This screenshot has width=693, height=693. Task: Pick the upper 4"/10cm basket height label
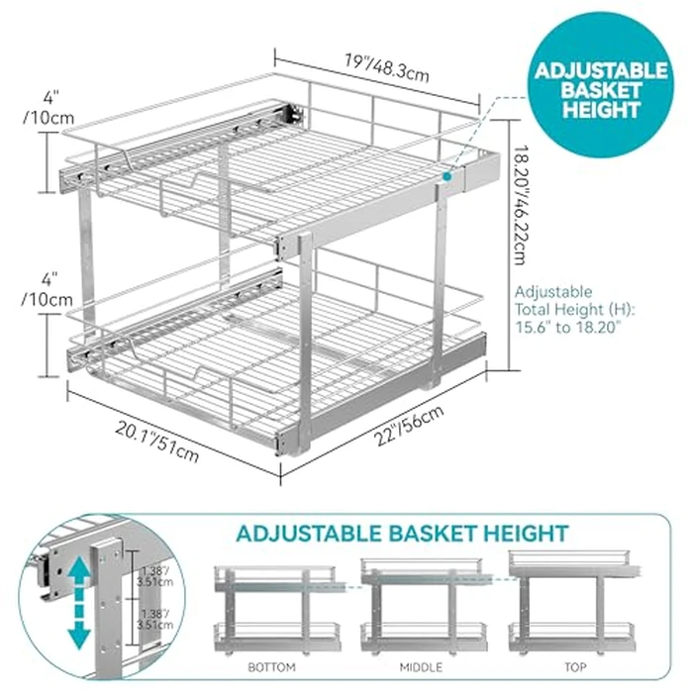click(49, 108)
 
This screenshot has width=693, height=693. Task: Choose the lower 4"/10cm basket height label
click(49, 286)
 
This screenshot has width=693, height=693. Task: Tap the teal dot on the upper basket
click(447, 175)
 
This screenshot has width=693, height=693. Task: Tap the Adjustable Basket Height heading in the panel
click(402, 534)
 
